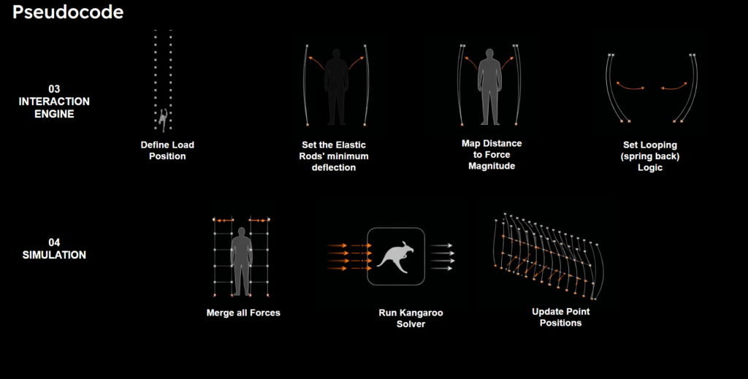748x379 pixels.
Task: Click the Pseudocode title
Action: (x=68, y=12)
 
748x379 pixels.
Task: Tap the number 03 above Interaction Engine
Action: (x=54, y=88)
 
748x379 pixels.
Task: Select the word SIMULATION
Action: (x=54, y=255)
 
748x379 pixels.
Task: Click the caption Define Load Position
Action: (x=167, y=150)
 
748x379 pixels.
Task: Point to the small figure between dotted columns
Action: (x=163, y=120)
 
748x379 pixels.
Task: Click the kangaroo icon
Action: (x=395, y=256)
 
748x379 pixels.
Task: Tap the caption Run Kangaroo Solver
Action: (x=411, y=318)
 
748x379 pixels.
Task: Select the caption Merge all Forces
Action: (x=243, y=313)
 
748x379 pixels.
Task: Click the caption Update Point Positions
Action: (x=560, y=317)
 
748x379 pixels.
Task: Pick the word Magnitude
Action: (x=492, y=166)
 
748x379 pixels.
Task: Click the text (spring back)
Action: (x=649, y=156)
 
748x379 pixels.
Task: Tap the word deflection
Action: (x=333, y=167)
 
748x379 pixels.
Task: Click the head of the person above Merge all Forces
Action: (x=241, y=231)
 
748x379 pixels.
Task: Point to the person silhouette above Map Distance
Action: (x=489, y=87)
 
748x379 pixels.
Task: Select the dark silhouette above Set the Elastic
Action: (x=336, y=87)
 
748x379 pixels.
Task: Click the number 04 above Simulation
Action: (x=54, y=242)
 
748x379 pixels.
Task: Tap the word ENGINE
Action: (x=54, y=114)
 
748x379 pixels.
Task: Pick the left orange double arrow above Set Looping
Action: (x=630, y=86)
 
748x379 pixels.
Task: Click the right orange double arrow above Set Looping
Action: (x=673, y=86)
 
